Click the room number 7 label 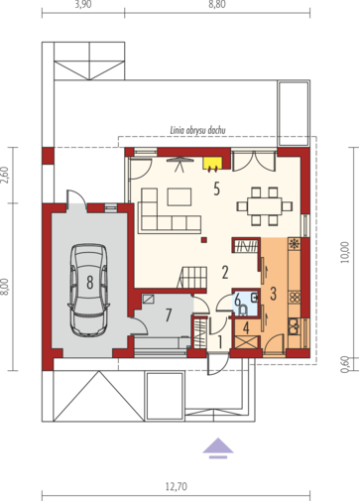(x=170, y=315)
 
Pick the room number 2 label (x=225, y=271)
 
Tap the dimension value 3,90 (x=84, y=5)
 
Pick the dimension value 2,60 (x=5, y=175)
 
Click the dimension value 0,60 (x=344, y=365)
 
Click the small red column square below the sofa (x=202, y=239)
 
